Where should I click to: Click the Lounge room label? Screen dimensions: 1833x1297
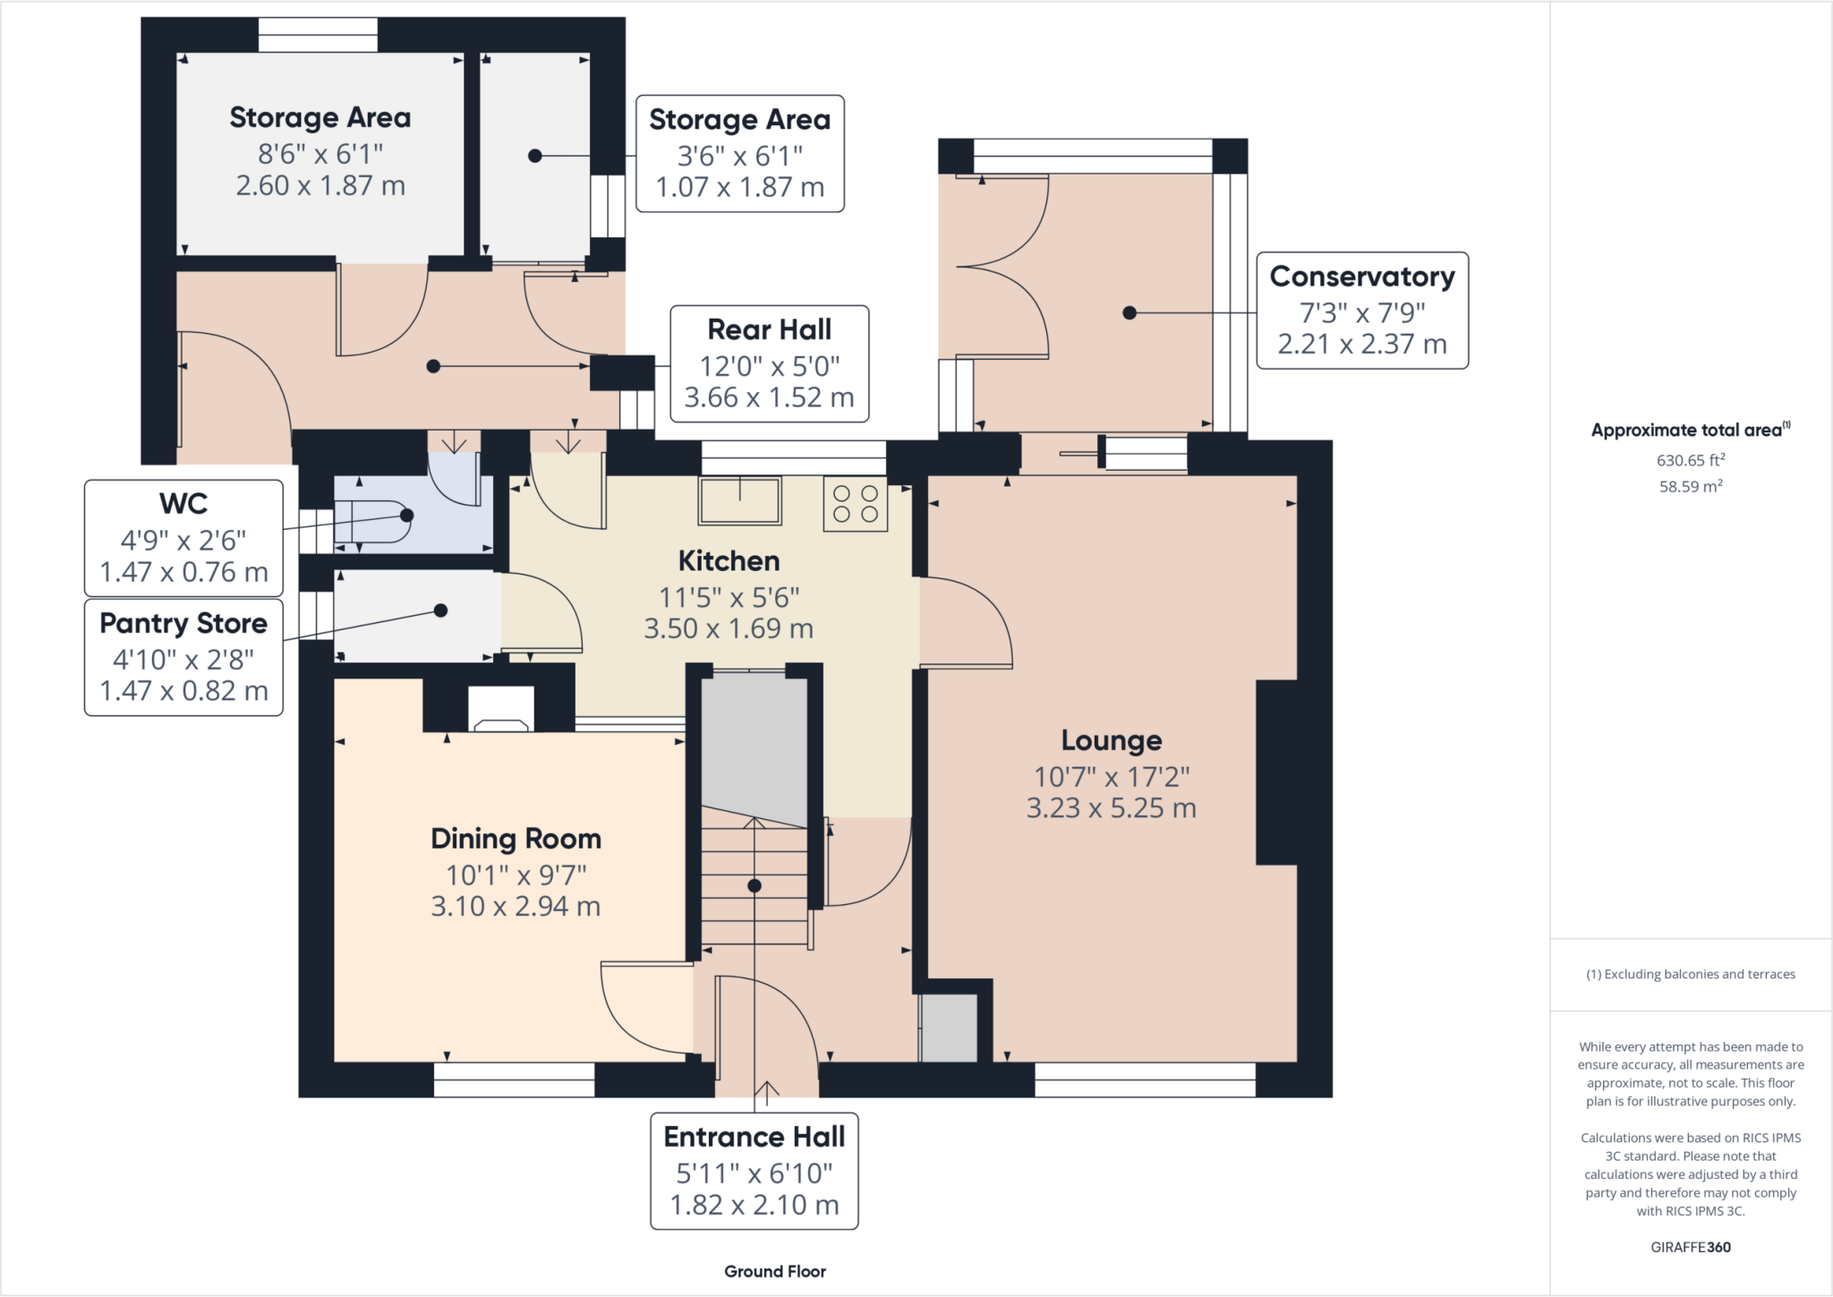[1112, 740]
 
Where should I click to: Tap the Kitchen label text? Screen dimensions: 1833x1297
[729, 561]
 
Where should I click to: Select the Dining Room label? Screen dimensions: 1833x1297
[516, 839]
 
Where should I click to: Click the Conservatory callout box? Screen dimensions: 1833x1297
[1362, 311]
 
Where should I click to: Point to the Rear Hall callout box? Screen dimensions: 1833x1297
[770, 363]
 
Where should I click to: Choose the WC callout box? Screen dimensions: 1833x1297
[183, 538]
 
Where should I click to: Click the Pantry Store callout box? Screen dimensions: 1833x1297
[183, 657]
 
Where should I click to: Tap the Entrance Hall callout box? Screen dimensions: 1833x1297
[755, 1171]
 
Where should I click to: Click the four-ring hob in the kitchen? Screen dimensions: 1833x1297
[856, 504]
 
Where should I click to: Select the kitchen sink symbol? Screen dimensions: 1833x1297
[740, 499]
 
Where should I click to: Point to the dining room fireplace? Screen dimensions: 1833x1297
[500, 709]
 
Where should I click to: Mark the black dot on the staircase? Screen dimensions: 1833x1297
[755, 886]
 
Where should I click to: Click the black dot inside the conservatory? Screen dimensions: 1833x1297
[1130, 313]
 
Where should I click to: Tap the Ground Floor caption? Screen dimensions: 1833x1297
[775, 1271]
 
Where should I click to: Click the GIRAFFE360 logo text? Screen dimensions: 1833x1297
[1691, 1247]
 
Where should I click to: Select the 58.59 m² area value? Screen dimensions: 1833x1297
[1691, 486]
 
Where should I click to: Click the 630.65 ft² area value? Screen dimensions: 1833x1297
[1691, 460]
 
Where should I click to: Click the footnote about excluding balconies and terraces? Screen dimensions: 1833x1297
[1691, 974]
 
